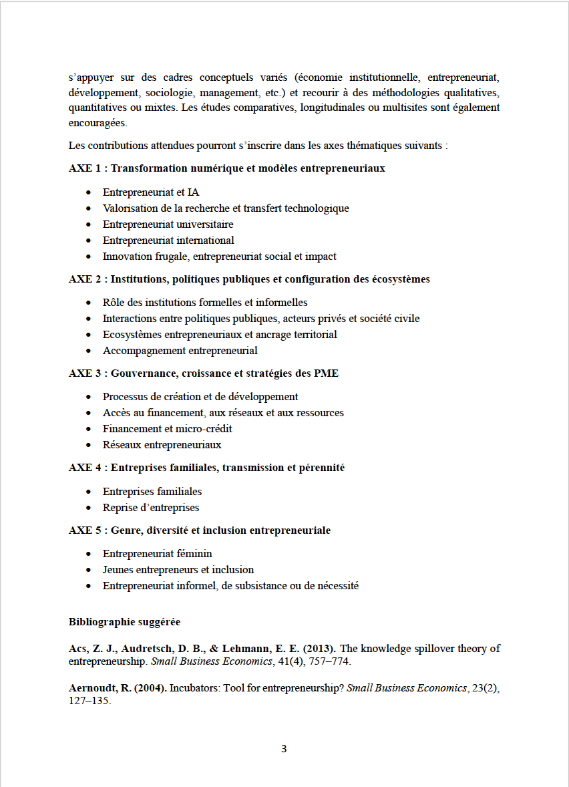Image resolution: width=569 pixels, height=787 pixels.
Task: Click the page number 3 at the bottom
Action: coord(284,748)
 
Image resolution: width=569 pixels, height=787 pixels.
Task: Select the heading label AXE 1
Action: coord(85,168)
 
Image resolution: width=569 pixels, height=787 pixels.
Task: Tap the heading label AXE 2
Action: coord(85,279)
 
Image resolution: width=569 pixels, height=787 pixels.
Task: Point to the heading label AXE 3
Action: coord(85,373)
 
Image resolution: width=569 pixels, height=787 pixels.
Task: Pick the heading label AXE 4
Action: coord(85,468)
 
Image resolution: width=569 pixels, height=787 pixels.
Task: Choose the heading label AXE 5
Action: coord(85,530)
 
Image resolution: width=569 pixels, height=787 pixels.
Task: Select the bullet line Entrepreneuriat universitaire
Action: coord(168,224)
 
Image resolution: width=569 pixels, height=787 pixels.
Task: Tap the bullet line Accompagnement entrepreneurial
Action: coord(180,351)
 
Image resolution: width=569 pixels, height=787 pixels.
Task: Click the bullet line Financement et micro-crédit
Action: coord(167,429)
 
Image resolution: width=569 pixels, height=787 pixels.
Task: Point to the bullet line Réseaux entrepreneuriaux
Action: coord(162,445)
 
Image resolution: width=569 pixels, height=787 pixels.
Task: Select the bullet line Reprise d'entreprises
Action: coord(151,508)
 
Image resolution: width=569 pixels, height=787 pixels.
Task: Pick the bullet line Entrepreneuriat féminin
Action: coord(157,554)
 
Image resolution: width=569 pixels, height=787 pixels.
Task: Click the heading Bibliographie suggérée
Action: coord(124,622)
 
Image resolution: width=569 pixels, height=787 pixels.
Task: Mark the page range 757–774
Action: coord(327,662)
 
